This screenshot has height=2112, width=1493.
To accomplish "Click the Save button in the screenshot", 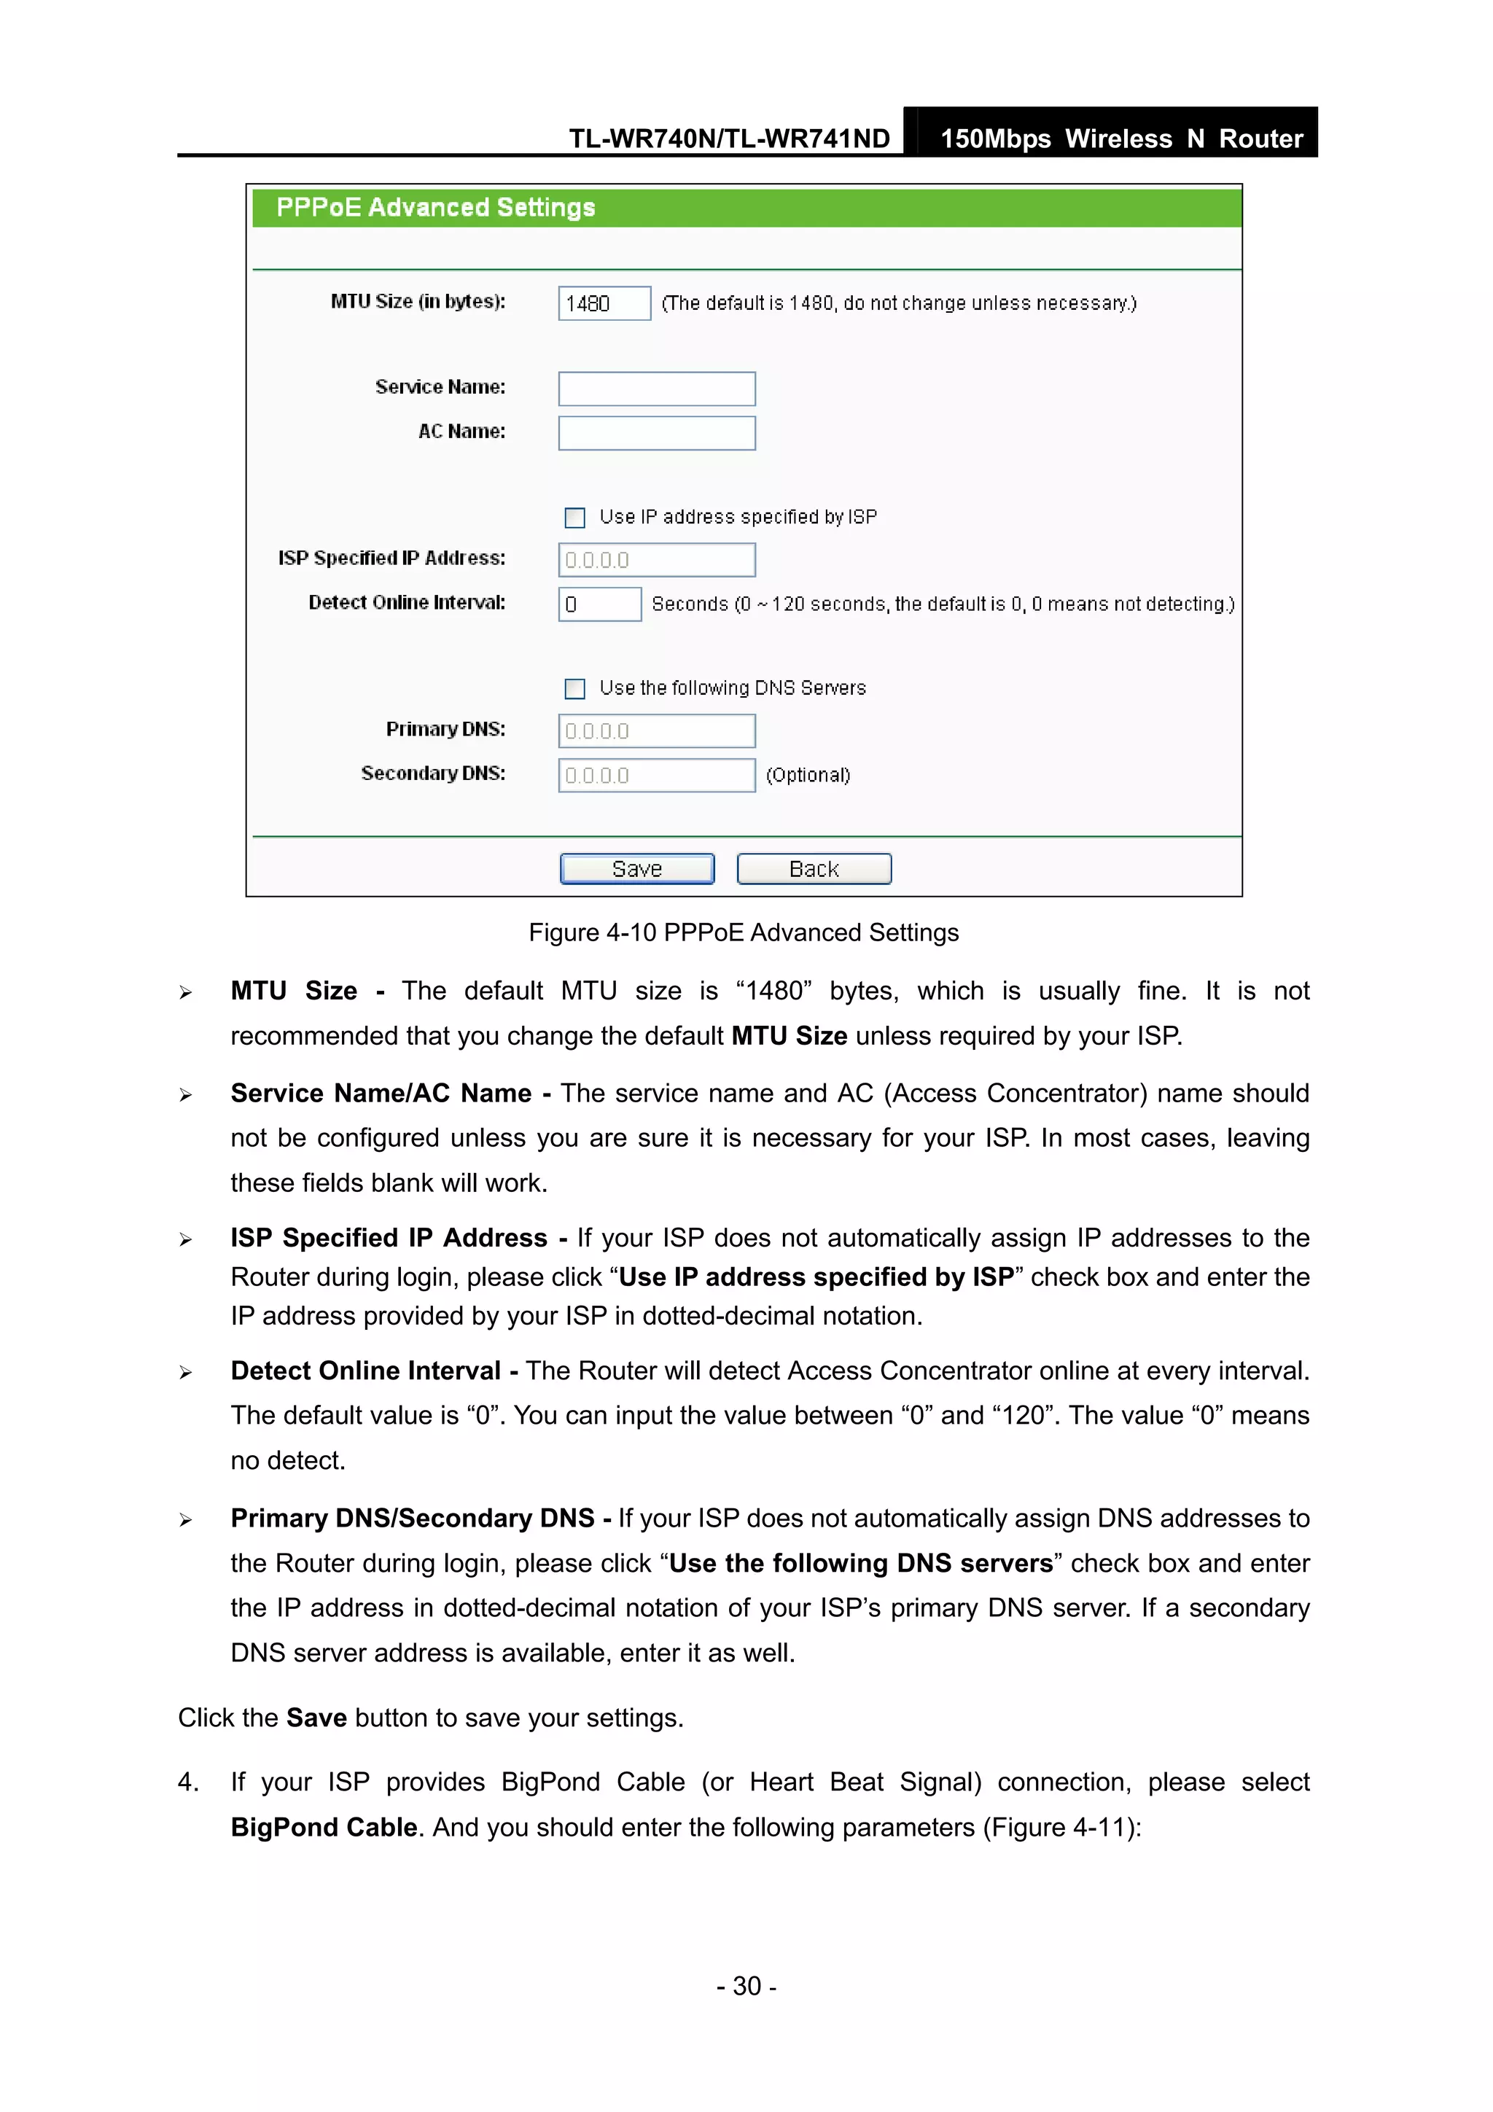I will (636, 868).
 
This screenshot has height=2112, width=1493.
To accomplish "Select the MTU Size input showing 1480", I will (604, 303).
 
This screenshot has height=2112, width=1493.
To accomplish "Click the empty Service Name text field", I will (656, 388).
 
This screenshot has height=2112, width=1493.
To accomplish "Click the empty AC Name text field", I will (656, 432).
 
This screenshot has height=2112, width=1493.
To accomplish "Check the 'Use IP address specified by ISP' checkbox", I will (575, 518).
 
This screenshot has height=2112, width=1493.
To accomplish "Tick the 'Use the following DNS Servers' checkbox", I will (575, 689).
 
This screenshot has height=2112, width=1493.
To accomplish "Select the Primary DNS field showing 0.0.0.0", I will (656, 731).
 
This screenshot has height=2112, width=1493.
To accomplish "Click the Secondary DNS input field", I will (656, 776).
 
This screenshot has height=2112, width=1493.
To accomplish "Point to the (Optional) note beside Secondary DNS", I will (808, 776).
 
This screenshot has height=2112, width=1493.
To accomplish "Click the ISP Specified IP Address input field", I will (656, 560).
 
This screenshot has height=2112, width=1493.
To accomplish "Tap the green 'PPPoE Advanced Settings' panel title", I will (435, 208).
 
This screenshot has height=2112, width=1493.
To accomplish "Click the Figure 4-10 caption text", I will (744, 932).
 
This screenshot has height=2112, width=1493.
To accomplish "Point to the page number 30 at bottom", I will (746, 1986).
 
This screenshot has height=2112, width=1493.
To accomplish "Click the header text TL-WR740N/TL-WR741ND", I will (728, 139).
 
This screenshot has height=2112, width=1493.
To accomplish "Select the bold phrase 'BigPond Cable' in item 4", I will (324, 1827).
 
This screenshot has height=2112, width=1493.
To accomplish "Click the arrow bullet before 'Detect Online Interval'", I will (186, 1373).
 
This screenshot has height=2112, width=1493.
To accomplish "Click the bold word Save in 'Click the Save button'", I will (316, 1718).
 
